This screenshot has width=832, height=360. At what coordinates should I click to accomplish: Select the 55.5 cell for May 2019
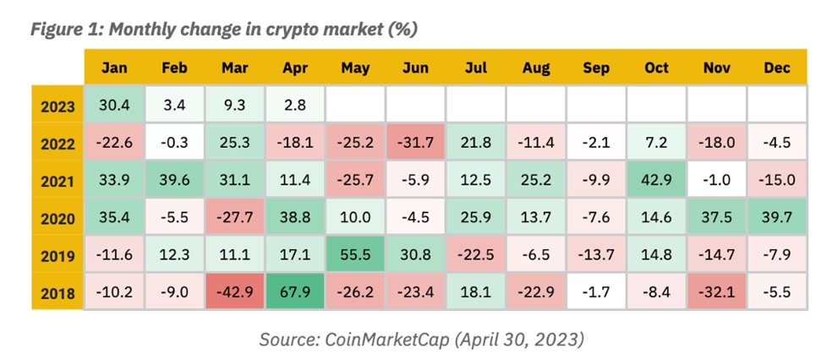point(355,254)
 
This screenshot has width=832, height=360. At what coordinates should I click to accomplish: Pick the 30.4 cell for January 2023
point(114,105)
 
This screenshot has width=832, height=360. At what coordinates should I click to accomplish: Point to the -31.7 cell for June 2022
point(415,142)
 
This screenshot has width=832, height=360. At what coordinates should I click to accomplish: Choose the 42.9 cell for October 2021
point(656,180)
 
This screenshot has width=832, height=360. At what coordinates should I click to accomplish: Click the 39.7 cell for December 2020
point(777,217)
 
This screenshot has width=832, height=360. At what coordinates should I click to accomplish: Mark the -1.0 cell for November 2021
point(716,180)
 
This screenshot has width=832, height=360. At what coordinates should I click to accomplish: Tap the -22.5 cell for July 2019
point(475,254)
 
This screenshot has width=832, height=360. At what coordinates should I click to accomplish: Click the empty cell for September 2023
point(596,105)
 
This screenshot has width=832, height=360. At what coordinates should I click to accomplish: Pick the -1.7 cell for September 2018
point(596,291)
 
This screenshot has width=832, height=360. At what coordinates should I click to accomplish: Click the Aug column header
point(535,68)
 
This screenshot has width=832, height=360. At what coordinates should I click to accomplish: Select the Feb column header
point(174,68)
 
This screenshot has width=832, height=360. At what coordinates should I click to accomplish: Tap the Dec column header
point(777,68)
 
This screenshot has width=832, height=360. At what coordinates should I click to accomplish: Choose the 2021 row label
point(57,180)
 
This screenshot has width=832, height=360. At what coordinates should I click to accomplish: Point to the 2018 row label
point(57,292)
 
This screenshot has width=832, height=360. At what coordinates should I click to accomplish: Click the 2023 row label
point(57,105)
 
